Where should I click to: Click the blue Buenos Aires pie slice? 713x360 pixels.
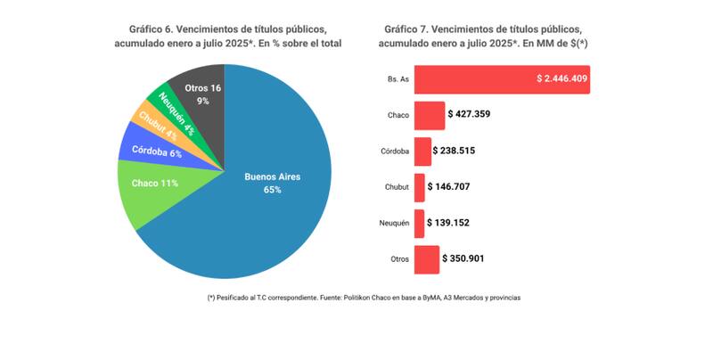coord(267,205)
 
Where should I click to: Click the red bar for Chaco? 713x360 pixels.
coord(429,115)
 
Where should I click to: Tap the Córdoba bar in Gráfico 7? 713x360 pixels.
coord(422,151)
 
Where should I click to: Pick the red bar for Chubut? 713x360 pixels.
coord(419,187)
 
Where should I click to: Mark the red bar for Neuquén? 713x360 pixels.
coord(419,223)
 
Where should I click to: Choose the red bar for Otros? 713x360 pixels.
coord(427,259)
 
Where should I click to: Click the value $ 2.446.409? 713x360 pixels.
coord(561,78)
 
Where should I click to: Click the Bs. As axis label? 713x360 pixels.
coord(397,79)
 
